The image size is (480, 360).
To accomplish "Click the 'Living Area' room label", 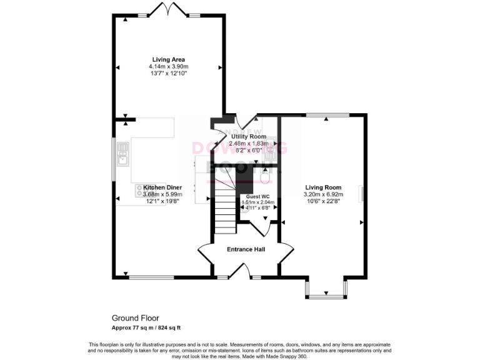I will click(x=167, y=59).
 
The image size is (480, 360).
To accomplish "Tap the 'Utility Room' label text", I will click(x=249, y=136).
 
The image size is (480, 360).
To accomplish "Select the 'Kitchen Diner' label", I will click(x=162, y=187).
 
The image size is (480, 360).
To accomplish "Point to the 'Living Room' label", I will click(x=323, y=187).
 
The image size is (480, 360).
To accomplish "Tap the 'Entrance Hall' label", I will click(x=246, y=249).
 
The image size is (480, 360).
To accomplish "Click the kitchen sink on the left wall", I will click(x=122, y=154).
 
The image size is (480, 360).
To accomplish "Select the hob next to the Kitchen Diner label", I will click(x=138, y=191).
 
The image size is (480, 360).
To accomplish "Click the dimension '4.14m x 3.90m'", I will click(x=167, y=67).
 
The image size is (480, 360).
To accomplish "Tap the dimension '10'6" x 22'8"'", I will click(x=323, y=202).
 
